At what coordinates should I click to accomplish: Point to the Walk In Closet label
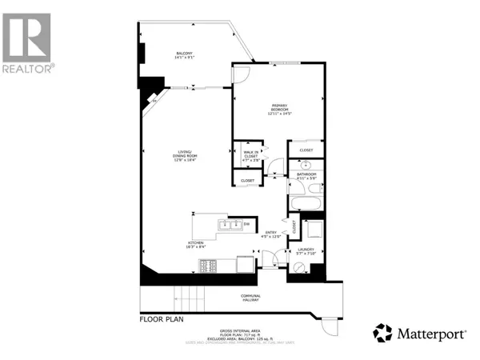pos(250,157)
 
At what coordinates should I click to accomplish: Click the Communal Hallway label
pos(251,298)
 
